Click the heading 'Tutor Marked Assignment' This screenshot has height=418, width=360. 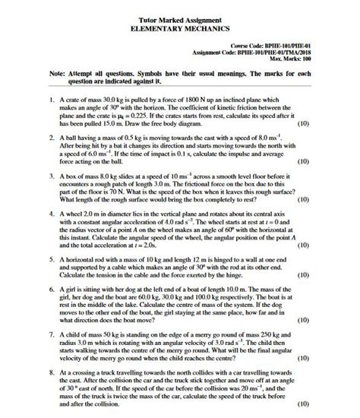[x=180, y=16]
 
